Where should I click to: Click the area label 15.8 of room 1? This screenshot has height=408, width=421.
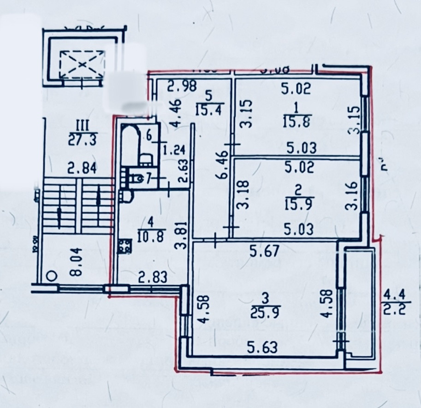(x=296, y=122)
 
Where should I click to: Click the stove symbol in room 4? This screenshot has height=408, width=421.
(x=124, y=247)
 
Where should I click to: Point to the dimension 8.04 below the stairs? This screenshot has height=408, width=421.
(x=76, y=260)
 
